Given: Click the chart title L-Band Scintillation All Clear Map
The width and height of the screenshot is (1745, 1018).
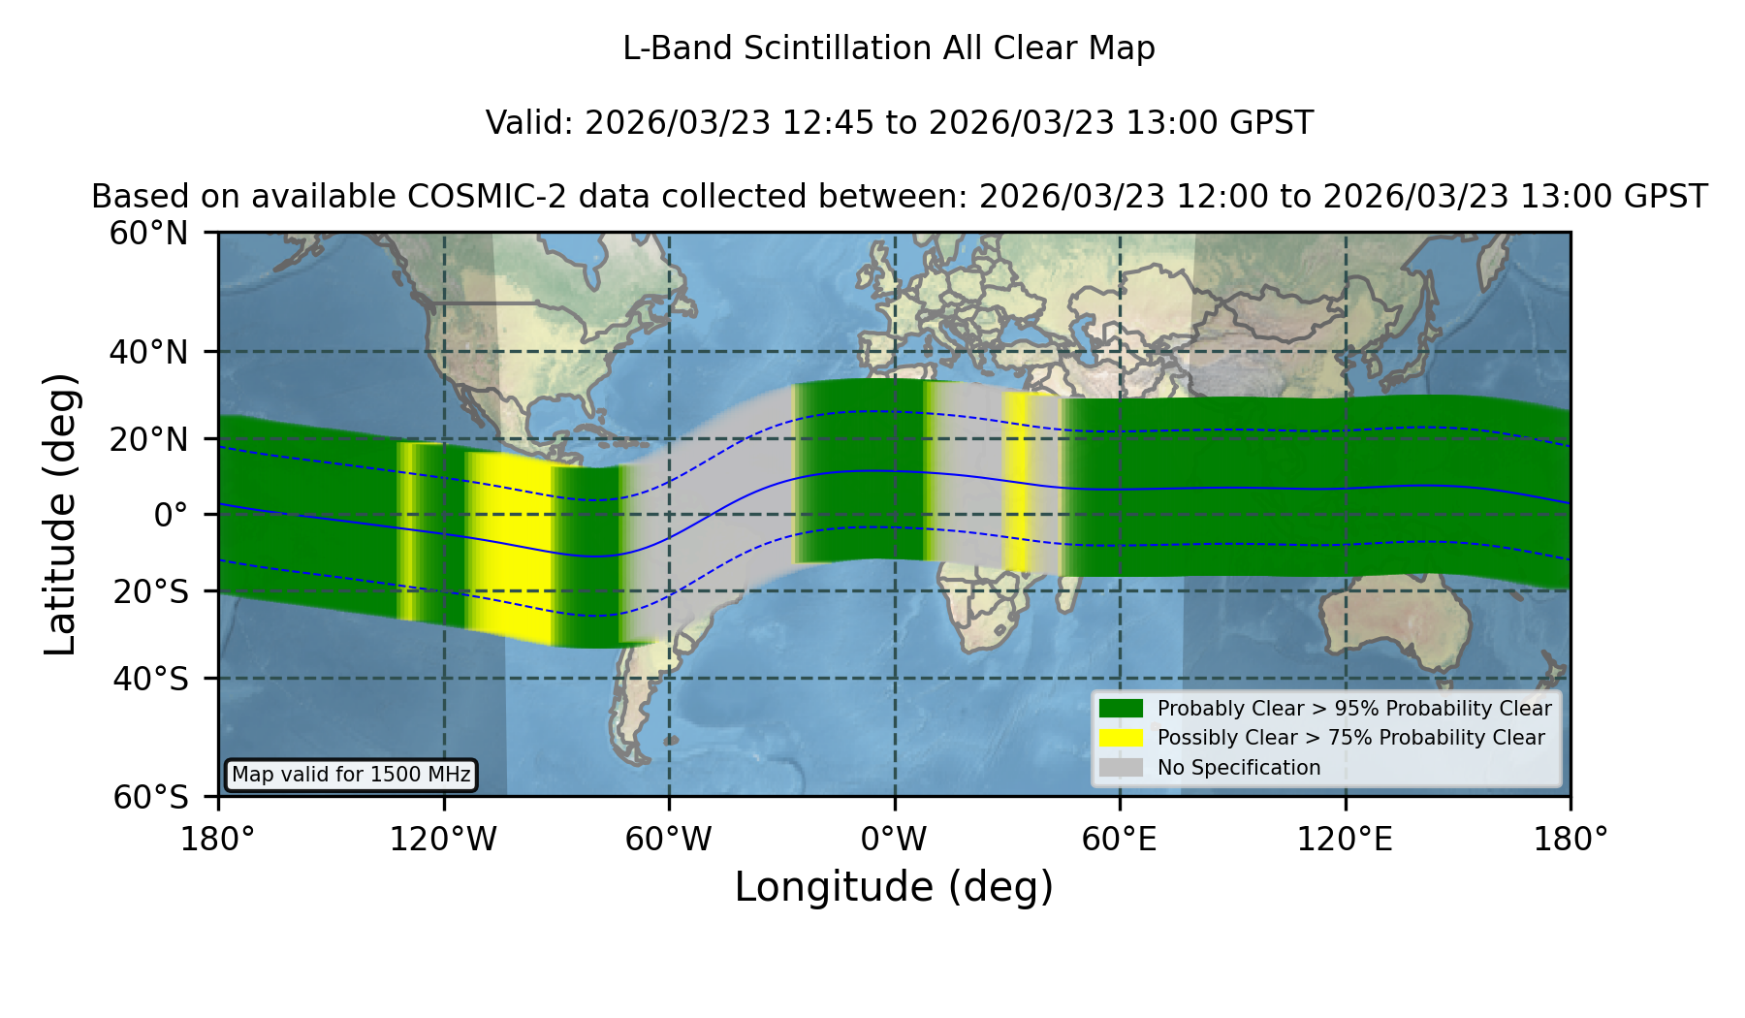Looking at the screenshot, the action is [x=888, y=48].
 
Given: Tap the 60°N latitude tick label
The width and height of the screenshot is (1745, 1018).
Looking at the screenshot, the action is [x=148, y=234].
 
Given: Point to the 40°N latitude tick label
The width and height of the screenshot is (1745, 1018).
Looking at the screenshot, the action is [x=148, y=352].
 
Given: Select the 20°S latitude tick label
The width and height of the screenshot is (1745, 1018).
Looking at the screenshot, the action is [x=150, y=591].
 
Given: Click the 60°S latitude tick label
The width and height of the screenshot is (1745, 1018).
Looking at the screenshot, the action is [x=150, y=797].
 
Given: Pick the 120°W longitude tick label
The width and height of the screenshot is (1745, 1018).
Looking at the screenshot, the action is [x=443, y=839].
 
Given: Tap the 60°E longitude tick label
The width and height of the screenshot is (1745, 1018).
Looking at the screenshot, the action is [x=1119, y=839].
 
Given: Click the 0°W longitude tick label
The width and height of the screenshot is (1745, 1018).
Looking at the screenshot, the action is [x=894, y=839].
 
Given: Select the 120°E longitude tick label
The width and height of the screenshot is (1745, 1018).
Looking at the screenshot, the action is [x=1345, y=839].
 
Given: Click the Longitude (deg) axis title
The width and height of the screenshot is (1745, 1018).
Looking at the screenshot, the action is [x=894, y=887].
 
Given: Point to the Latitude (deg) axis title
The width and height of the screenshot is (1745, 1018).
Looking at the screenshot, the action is [x=60, y=514].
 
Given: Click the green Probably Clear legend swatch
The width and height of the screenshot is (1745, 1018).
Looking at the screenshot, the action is [x=1121, y=709].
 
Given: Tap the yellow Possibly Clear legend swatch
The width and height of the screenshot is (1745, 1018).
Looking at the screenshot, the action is [x=1121, y=738].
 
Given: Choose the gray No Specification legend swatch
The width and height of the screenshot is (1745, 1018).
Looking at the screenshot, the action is [x=1121, y=768].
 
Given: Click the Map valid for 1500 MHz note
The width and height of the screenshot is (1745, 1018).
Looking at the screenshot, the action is [x=351, y=775].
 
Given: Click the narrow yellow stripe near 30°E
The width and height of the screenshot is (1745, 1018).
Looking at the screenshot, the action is [x=1016, y=482].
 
